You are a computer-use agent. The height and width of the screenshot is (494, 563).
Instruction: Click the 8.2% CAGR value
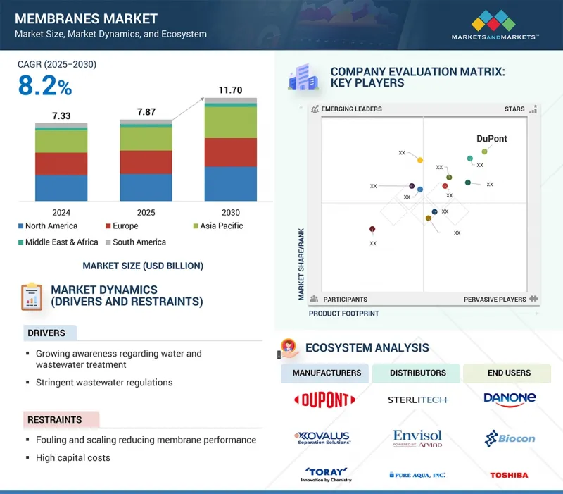[x=44, y=86]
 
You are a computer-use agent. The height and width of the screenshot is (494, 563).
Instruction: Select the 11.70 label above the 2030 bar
[x=230, y=90]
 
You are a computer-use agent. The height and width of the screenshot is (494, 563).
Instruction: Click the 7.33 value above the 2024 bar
[x=61, y=116]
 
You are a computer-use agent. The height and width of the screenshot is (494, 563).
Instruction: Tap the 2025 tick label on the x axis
[x=146, y=212]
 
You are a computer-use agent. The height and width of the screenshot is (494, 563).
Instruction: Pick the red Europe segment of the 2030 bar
[x=230, y=152]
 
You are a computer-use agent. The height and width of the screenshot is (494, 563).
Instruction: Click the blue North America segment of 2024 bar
[x=61, y=187]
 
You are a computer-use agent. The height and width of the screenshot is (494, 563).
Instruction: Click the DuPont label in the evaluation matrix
[x=491, y=139]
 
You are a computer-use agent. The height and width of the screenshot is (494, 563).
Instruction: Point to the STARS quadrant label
[x=514, y=109]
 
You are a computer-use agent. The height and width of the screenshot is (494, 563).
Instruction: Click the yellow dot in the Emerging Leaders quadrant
[x=420, y=160]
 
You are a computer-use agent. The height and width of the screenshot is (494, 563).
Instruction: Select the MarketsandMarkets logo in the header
[x=495, y=24]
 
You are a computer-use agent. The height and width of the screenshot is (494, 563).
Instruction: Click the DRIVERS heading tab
[x=46, y=333]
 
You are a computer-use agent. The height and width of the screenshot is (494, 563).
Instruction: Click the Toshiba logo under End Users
[x=509, y=475]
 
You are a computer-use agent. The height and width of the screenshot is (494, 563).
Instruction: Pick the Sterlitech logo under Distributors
[x=418, y=400]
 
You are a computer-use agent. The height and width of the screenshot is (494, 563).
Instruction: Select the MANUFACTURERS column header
[x=327, y=373]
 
